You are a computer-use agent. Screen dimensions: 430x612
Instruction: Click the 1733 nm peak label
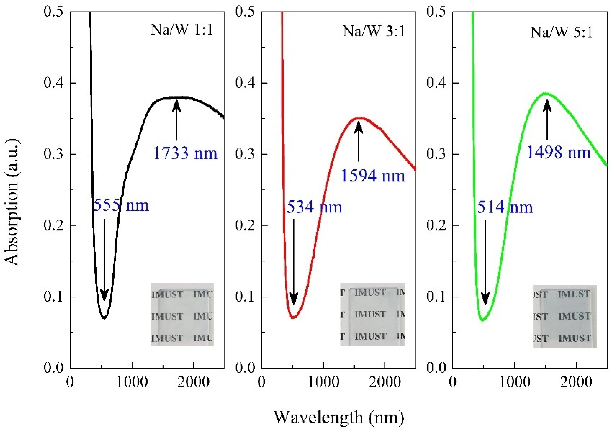coord(185,153)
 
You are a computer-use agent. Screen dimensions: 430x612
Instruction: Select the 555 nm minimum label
coord(121,205)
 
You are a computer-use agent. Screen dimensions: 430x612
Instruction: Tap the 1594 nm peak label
coord(373,176)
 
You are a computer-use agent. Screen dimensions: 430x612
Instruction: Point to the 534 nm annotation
coord(314,207)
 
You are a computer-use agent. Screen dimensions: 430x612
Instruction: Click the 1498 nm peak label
coord(559,152)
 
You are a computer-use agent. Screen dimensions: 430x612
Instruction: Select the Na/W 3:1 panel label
coord(373,31)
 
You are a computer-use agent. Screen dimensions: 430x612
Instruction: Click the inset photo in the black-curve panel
coord(182,314)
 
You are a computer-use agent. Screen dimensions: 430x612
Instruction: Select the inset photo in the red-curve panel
coord(372,314)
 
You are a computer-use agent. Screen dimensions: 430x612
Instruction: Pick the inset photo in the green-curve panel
coord(565,316)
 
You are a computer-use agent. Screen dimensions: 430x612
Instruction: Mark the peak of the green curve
coord(546,94)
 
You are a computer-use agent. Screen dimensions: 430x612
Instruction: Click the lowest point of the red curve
coord(293,317)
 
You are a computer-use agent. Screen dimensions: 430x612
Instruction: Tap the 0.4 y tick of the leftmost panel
coord(53,83)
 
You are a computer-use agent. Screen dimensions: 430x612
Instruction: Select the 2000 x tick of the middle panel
coord(385,382)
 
